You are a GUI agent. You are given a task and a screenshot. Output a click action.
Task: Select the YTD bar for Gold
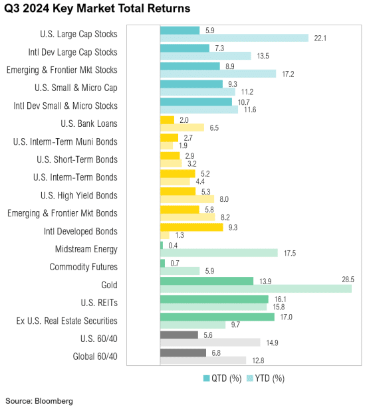point(256,288)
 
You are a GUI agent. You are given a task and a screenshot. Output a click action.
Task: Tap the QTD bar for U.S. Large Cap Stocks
point(180,30)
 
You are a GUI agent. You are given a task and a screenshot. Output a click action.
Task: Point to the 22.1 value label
point(321,38)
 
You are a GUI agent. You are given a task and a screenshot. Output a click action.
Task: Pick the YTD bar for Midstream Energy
point(219,253)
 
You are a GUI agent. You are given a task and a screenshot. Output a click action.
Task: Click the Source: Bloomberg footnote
point(39,400)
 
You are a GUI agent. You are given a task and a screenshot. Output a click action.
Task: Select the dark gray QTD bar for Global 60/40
point(183,353)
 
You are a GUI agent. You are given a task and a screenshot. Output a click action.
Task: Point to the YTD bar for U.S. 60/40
point(210,342)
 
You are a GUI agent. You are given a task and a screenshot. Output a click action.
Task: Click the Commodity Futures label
point(84,267)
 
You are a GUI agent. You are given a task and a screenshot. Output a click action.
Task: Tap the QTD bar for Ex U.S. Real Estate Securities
point(217,317)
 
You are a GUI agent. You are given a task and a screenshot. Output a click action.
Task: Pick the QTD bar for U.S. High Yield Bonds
point(178,191)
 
